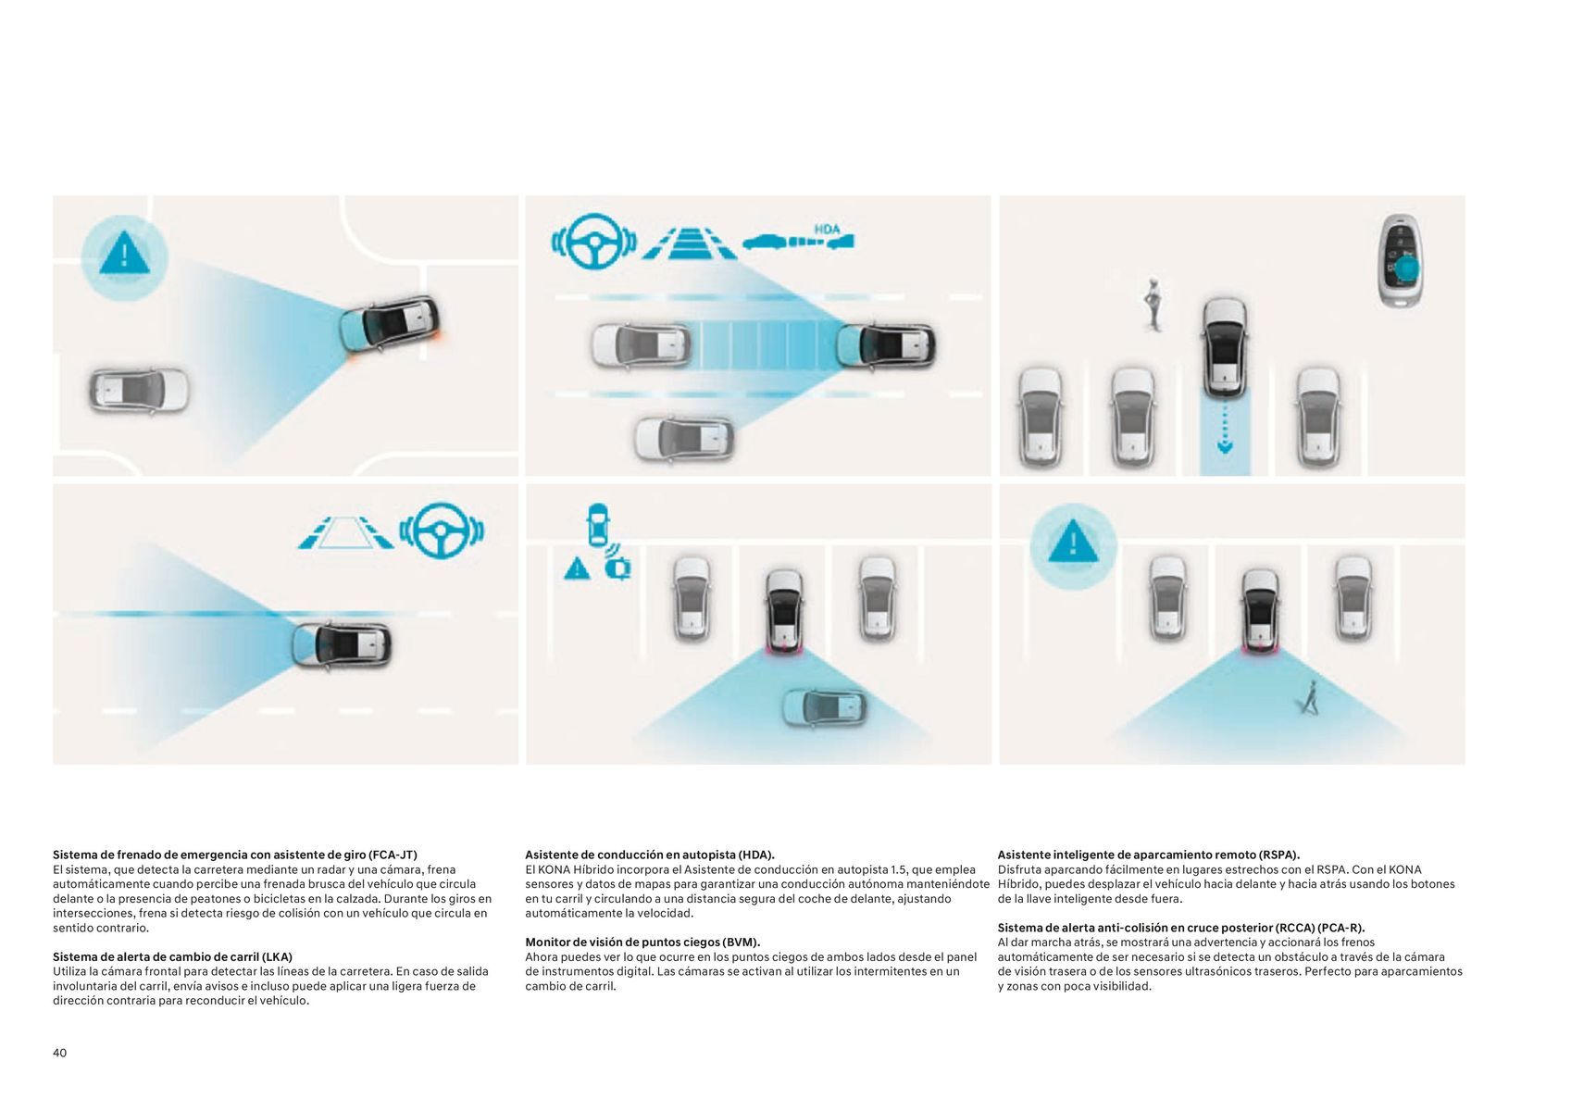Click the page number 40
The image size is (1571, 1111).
click(x=59, y=1053)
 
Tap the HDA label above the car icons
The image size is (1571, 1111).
click(x=827, y=229)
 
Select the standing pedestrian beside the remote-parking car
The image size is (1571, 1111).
click(x=1153, y=305)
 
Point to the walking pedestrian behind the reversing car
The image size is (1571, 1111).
click(x=1309, y=697)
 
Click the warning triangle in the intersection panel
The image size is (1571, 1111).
click(x=124, y=253)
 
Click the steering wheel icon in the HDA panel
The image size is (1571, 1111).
click(x=594, y=242)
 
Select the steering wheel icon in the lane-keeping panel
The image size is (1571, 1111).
click(x=442, y=531)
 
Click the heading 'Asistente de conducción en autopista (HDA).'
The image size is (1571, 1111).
click(x=650, y=855)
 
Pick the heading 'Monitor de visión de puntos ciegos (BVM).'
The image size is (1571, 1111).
click(x=642, y=942)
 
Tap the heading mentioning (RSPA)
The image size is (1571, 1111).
click(x=1149, y=855)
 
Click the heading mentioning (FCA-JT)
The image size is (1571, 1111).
click(x=235, y=855)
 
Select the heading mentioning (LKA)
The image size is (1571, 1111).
click(x=172, y=956)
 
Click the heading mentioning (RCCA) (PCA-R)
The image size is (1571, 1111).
click(x=1181, y=928)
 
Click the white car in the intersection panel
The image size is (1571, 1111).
click(x=139, y=391)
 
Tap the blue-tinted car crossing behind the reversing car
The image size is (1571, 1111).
click(x=824, y=707)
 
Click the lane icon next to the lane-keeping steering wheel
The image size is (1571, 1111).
click(x=345, y=532)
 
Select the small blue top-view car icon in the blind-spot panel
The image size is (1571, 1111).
click(x=597, y=525)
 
